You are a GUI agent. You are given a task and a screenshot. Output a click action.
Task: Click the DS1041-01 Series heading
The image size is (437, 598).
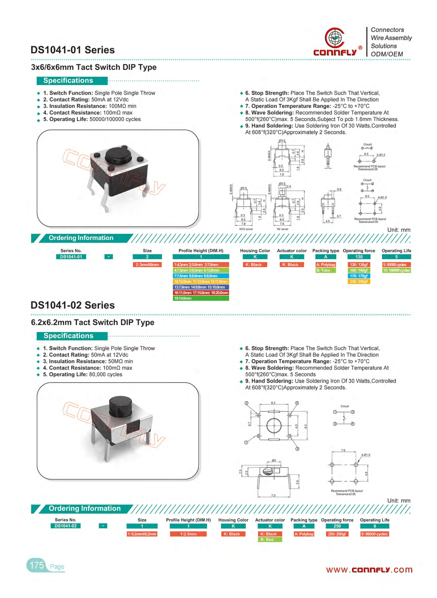coord(72,50)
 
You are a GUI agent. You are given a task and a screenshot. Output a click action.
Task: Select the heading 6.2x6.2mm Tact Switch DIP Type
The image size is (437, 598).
coord(92,322)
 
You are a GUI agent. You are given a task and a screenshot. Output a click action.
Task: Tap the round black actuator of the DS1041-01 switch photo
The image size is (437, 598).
coord(118,155)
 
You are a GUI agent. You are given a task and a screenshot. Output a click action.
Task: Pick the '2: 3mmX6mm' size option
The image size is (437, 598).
coord(147,265)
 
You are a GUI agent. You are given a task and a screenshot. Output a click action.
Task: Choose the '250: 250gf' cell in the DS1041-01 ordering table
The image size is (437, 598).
coord(359,281)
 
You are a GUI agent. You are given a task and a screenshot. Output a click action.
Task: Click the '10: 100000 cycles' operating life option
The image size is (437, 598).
coord(396,271)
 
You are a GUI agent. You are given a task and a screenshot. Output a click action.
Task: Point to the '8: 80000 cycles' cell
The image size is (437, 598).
coord(374,534)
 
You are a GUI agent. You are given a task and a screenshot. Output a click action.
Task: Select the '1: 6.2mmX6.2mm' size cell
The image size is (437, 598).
coord(142,534)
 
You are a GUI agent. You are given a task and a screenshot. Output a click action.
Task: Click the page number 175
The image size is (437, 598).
coord(37,566)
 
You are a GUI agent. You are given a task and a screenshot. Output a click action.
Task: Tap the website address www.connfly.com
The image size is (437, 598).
coord(369,570)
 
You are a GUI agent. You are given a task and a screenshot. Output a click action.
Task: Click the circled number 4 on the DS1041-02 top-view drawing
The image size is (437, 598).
coord(297,403)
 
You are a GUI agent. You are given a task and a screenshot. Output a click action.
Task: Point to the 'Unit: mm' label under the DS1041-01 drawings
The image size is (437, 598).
coord(398,230)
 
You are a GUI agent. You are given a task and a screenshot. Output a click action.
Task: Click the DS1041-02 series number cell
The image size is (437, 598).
coord(66,526)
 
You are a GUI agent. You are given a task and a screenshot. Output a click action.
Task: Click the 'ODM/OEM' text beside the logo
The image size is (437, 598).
coord(387,54)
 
